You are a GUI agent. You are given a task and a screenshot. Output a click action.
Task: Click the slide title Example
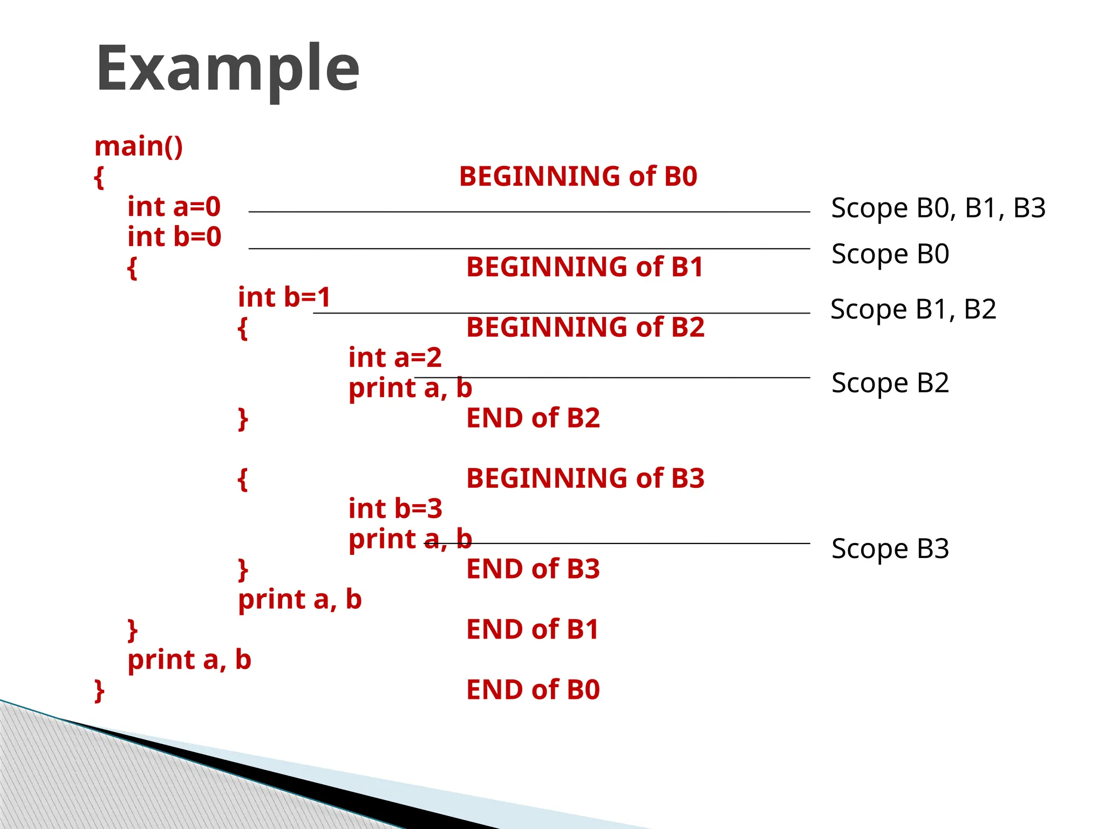click(x=227, y=69)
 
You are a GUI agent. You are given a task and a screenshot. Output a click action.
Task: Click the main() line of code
click(x=139, y=146)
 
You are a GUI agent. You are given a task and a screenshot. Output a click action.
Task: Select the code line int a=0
click(x=174, y=207)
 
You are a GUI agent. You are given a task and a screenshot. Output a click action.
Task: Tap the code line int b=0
click(x=174, y=237)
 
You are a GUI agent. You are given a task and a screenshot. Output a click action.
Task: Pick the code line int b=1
click(x=284, y=297)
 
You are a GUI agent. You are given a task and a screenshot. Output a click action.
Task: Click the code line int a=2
click(x=395, y=358)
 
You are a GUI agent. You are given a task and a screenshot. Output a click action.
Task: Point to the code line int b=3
click(x=395, y=509)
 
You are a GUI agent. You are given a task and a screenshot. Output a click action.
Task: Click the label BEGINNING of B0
click(x=578, y=176)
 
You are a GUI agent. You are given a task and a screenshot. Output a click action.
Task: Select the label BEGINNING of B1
click(x=585, y=267)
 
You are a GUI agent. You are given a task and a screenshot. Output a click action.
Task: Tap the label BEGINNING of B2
click(x=585, y=328)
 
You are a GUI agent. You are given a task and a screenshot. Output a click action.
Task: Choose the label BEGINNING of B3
click(x=585, y=479)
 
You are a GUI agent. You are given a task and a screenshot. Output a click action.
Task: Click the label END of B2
click(x=533, y=418)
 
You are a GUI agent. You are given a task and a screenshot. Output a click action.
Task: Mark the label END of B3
click(x=533, y=569)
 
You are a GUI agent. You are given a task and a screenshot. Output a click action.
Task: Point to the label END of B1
click(x=533, y=630)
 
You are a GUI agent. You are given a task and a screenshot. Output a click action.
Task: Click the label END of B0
click(x=533, y=690)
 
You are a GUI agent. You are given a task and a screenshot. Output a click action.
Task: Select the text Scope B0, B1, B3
click(x=938, y=208)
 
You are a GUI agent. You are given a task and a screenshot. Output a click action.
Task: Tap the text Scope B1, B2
click(x=913, y=310)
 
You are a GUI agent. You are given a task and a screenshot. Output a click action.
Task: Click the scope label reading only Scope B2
click(x=890, y=383)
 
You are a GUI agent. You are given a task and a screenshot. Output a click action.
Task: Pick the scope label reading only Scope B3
click(x=890, y=549)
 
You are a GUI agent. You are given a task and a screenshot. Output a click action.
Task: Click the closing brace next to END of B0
click(x=99, y=691)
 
